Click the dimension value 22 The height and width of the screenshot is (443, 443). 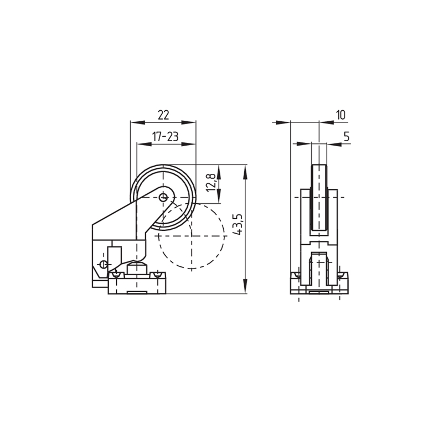pos(163,115)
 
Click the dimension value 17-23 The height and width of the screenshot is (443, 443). pos(165,137)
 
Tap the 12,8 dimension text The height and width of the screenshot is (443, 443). pos(212,183)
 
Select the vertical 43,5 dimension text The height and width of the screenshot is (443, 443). pos(238,224)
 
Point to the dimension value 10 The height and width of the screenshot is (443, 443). pos(341,115)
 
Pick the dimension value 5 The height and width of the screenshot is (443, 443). pos(347,136)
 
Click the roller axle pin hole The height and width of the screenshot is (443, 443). pos(163,197)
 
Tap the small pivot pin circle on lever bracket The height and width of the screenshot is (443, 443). pos(104,264)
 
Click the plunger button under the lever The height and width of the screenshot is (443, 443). pos(137,267)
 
